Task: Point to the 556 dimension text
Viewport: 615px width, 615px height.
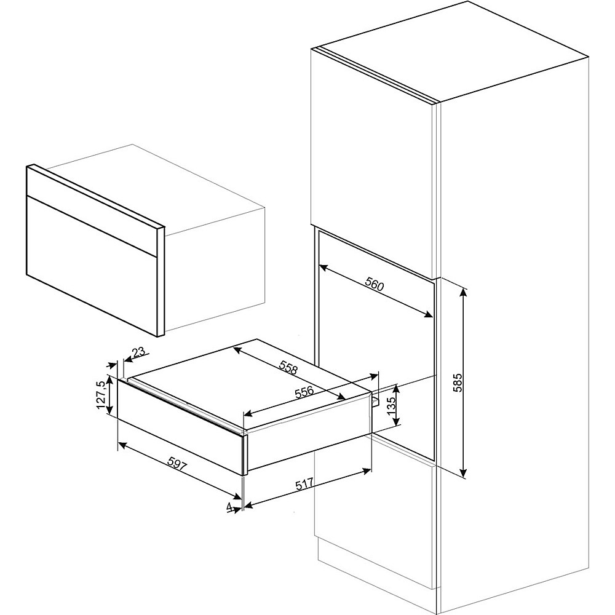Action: pyautogui.click(x=306, y=391)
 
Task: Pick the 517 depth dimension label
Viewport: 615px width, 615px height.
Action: pyautogui.click(x=306, y=483)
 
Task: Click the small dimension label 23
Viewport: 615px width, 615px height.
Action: pyautogui.click(x=138, y=352)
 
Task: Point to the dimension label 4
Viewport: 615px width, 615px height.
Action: pyautogui.click(x=229, y=507)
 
